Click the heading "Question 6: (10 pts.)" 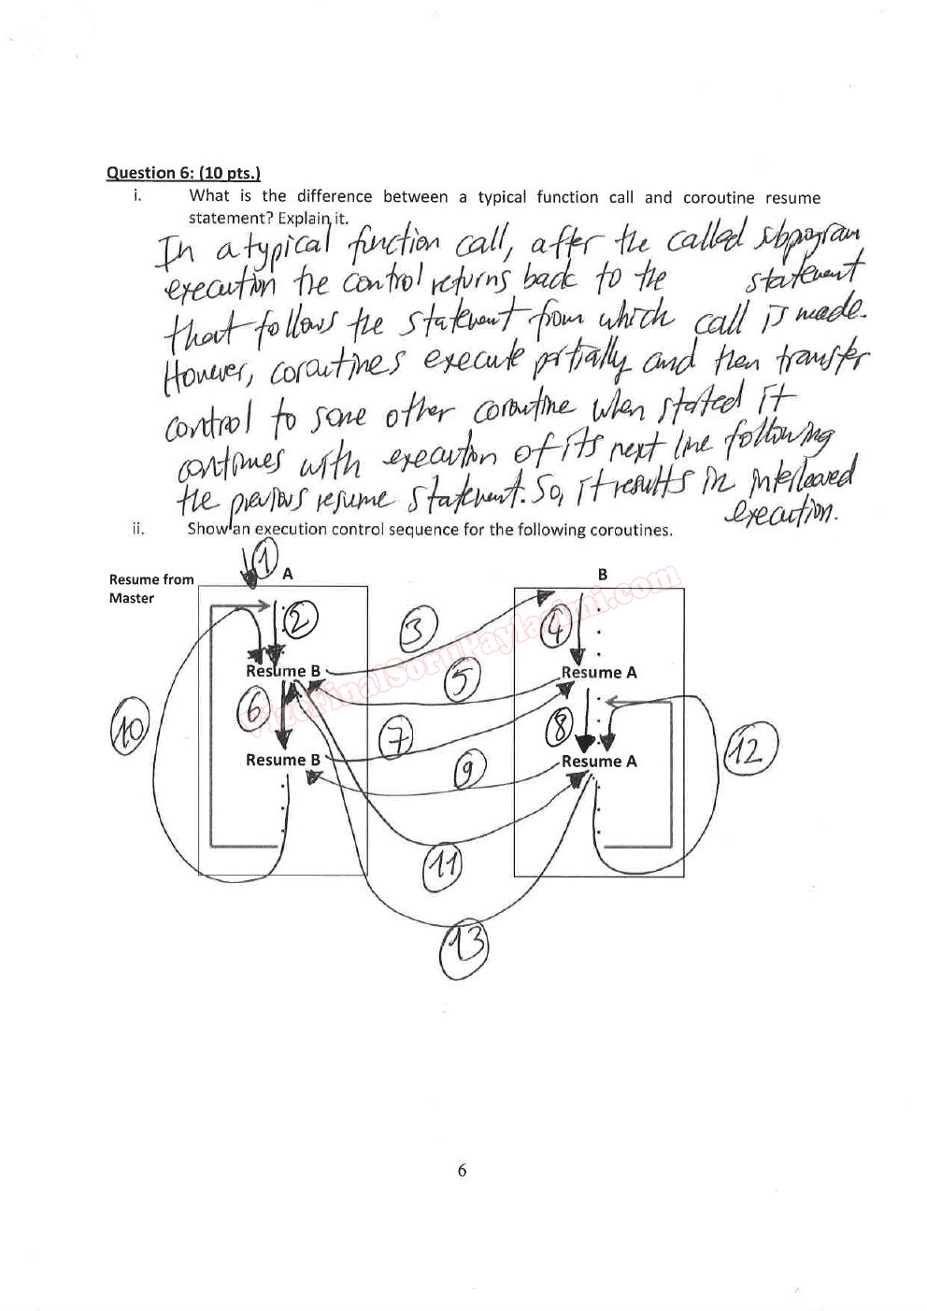183,173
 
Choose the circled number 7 397,739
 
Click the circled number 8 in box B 559,724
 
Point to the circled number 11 441,864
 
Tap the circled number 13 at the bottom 463,948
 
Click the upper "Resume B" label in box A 283,671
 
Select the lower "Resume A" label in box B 599,762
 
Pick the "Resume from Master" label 150,589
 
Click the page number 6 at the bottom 462,1170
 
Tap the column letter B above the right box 603,575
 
